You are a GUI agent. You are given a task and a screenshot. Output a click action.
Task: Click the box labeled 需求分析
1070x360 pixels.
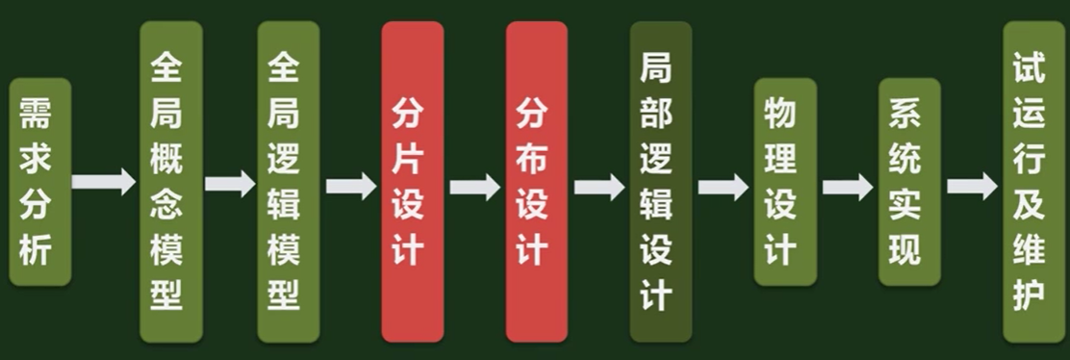click(40, 181)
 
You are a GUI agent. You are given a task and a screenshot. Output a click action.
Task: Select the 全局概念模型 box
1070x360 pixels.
click(170, 181)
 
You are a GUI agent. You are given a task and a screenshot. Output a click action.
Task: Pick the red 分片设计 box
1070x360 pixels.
click(412, 181)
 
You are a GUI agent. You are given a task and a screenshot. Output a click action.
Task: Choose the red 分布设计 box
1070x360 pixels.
click(537, 181)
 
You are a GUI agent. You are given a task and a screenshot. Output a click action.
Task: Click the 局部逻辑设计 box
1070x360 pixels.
click(661, 181)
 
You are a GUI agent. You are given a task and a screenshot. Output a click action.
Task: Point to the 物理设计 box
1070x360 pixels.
click(785, 181)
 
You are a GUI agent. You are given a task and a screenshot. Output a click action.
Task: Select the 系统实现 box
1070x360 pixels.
click(909, 181)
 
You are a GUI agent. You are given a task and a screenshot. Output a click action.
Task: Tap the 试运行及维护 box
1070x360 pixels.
click(1033, 181)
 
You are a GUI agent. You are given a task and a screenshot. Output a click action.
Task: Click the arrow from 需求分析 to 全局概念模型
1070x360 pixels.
click(105, 181)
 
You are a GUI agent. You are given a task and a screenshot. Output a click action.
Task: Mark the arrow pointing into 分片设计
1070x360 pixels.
click(350, 185)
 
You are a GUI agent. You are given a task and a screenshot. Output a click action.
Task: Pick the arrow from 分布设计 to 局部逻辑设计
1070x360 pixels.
click(599, 185)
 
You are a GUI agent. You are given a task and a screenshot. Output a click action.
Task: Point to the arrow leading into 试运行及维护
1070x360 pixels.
click(971, 185)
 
